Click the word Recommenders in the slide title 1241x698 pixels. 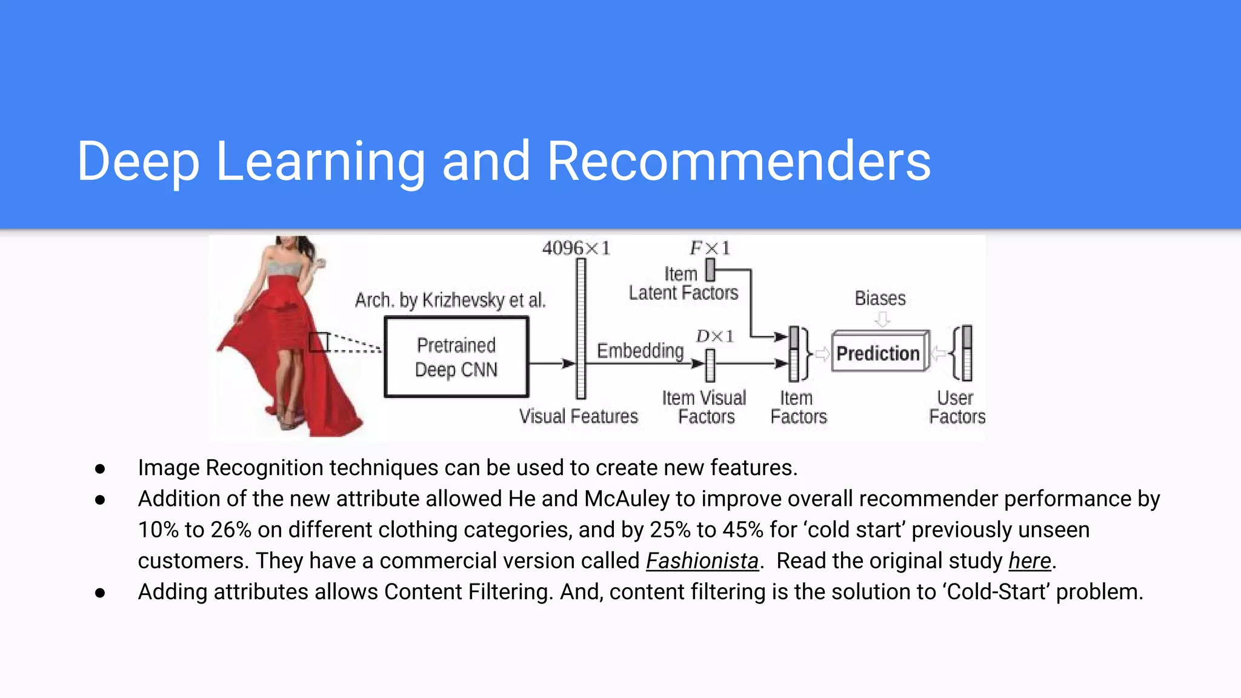coord(738,161)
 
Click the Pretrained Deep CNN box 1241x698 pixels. coord(456,357)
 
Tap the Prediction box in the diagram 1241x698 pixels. coord(879,353)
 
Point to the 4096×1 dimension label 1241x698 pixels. coord(576,248)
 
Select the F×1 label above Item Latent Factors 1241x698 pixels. coord(710,248)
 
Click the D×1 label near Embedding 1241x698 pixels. coord(715,336)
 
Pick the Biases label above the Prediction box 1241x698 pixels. coord(880,298)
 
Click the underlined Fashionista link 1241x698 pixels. coord(702,561)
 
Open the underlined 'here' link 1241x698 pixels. coord(1030,561)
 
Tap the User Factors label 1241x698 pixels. coord(957,407)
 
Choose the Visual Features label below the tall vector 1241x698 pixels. coord(579,416)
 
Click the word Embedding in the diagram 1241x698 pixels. coord(640,351)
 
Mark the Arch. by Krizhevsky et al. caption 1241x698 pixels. coord(450,300)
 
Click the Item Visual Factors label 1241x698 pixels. coord(704,407)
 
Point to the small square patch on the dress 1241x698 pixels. coord(319,342)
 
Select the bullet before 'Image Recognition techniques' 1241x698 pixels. coord(100,468)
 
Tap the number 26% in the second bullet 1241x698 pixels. coord(230,530)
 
